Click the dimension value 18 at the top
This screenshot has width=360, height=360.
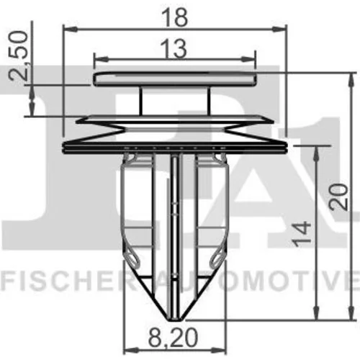coord(174,17)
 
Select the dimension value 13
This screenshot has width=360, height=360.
coord(176,49)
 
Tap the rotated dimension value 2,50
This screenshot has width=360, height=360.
coord(19,55)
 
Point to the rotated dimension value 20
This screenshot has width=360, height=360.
coord(338,197)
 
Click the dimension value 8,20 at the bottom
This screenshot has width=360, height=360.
coord(173,338)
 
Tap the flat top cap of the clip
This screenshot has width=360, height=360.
coord(175,79)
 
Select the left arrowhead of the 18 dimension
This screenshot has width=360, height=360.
coord(71,30)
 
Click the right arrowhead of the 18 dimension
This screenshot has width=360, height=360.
coord(279,30)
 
